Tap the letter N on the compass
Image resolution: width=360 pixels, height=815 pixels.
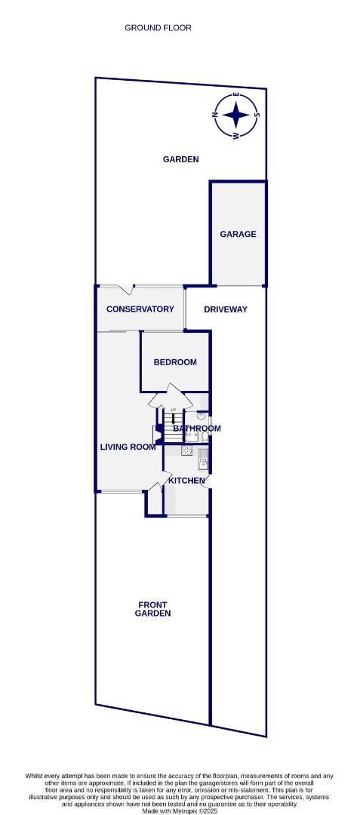tap(216, 115)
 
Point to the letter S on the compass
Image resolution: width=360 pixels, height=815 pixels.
tap(257, 115)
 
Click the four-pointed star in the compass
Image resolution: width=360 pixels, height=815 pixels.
tap(237, 115)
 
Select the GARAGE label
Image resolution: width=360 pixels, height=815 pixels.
tap(238, 234)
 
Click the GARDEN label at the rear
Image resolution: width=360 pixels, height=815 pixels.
tap(180, 159)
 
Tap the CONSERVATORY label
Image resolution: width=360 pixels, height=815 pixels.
tap(140, 309)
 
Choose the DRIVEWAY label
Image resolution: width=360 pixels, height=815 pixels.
tap(225, 309)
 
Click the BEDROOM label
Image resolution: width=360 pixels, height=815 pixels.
tap(175, 362)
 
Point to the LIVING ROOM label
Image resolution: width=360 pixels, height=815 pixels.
tap(128, 447)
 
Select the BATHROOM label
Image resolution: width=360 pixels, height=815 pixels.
tap(197, 429)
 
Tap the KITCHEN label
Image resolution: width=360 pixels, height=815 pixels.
tap(186, 481)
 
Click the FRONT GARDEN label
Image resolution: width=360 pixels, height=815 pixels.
tap(152, 609)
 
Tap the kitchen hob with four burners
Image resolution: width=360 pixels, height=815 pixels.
tap(186, 451)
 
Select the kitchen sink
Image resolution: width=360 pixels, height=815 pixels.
tap(203, 463)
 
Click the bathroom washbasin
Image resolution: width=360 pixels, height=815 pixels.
tap(201, 416)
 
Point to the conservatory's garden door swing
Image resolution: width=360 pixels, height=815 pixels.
tap(127, 290)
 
